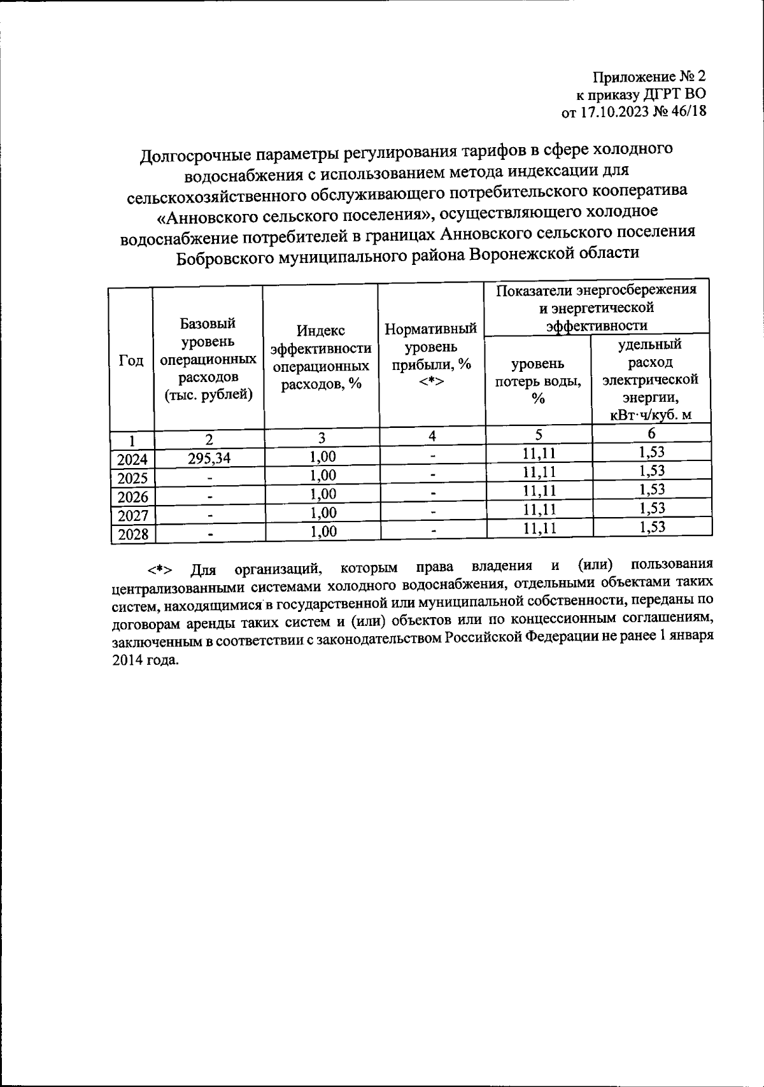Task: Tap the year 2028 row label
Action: [132, 534]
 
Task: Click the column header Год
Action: [131, 361]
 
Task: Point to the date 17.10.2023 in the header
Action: [612, 113]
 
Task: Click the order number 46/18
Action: [688, 113]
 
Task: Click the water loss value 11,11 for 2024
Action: [539, 454]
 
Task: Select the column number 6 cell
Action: [651, 434]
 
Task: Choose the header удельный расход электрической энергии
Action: [650, 380]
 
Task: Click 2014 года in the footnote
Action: [145, 660]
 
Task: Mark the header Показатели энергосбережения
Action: [596, 290]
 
